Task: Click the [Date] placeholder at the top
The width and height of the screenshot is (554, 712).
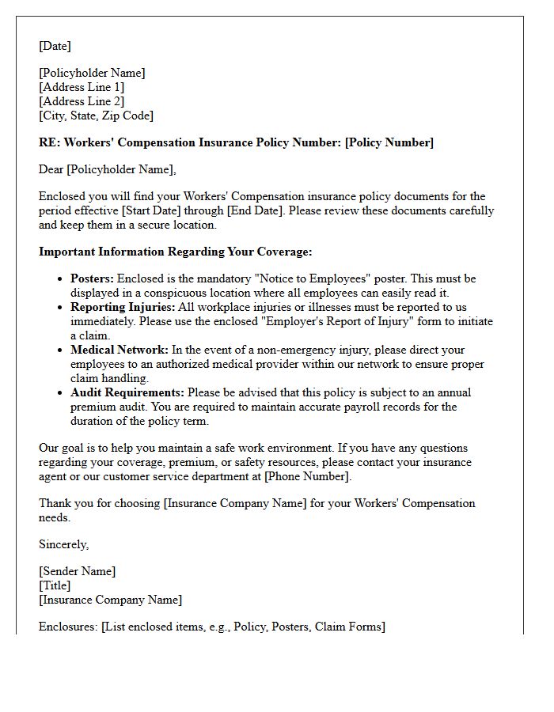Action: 55,46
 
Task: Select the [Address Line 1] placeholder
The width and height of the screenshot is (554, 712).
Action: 82,87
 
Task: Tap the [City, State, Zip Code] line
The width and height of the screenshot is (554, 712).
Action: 96,116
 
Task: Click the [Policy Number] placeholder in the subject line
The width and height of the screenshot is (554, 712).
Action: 389,142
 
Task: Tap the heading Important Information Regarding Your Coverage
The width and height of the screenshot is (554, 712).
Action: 175,252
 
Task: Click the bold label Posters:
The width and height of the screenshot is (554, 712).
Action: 93,278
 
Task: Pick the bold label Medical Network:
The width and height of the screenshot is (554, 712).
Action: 120,350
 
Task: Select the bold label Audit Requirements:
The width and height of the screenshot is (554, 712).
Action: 127,392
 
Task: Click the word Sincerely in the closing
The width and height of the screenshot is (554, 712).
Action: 63,544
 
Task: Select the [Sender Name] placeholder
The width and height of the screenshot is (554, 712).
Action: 77,571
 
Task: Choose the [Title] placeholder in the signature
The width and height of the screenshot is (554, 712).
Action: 55,585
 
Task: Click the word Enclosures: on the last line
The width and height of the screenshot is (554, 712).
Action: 68,627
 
